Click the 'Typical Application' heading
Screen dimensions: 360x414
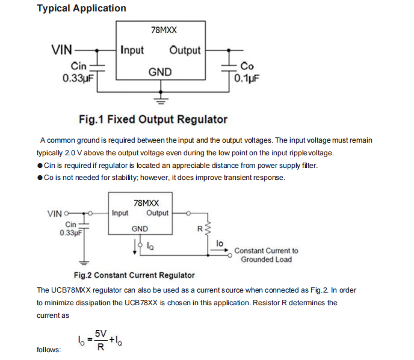(81, 8)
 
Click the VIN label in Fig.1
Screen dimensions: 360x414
(62, 50)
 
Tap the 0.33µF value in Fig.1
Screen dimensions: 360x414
(77, 78)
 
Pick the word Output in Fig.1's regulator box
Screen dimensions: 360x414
(185, 50)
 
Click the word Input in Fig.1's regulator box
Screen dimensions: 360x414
(132, 50)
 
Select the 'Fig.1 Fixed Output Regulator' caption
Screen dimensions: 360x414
(153, 119)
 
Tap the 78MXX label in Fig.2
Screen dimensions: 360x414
(146, 203)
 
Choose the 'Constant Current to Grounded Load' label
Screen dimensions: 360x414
(266, 255)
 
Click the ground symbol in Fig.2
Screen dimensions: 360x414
(84, 262)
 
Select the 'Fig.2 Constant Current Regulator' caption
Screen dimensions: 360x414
(134, 275)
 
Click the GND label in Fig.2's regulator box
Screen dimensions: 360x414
(140, 229)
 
